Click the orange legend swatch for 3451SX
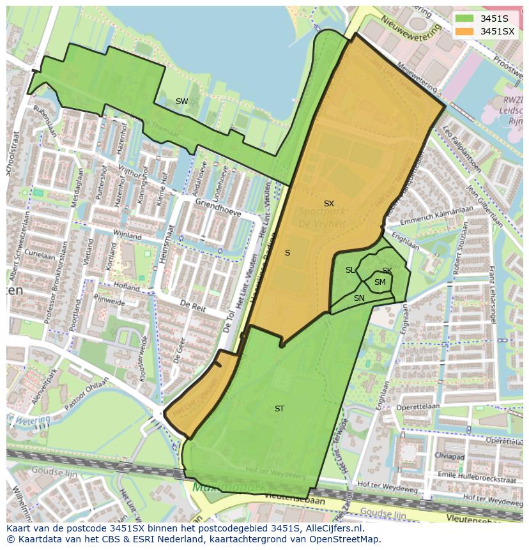466,31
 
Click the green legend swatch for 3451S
466,19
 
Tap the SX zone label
328,204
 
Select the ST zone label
279,409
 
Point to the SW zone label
181,102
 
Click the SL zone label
350,270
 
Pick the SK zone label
387,271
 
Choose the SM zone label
379,282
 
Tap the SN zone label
359,298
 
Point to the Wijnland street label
127,236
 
